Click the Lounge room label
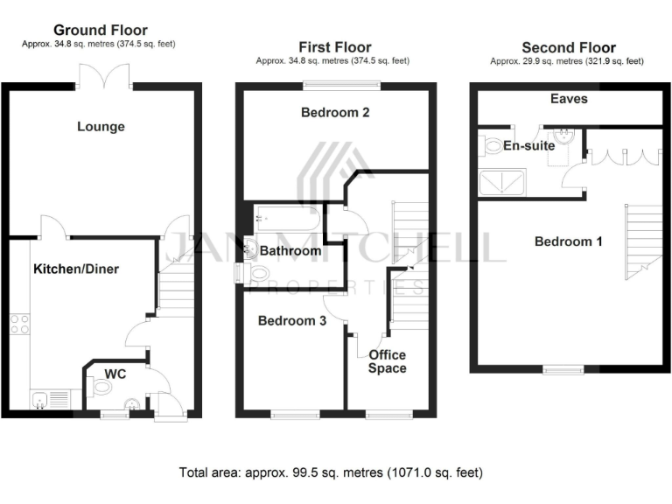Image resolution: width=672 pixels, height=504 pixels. [x=101, y=126]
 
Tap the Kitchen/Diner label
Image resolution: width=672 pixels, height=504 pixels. [x=76, y=269]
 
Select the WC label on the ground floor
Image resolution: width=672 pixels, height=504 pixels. [x=115, y=374]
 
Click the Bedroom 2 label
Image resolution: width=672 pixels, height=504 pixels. [x=335, y=112]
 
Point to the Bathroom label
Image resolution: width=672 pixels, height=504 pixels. [x=291, y=251]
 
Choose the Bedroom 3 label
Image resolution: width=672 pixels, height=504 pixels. [x=292, y=321]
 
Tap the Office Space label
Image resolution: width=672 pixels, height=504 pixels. [x=387, y=361]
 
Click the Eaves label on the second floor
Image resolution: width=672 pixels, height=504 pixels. [x=569, y=99]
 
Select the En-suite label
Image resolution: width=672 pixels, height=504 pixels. [x=528, y=145]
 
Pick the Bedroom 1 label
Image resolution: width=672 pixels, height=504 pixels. [x=568, y=241]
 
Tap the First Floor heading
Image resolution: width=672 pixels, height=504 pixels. [x=334, y=47]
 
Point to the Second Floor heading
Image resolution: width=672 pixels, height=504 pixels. [x=568, y=47]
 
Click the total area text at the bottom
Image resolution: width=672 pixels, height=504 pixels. [x=331, y=472]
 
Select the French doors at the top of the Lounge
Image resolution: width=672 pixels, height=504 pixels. [x=104, y=77]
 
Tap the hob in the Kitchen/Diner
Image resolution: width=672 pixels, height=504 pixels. [x=19, y=326]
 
